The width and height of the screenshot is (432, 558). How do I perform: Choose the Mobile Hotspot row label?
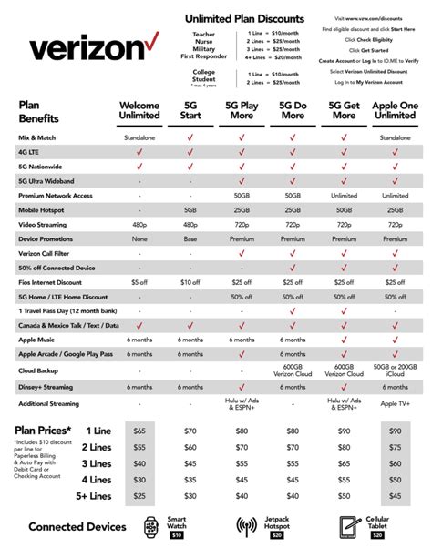45,208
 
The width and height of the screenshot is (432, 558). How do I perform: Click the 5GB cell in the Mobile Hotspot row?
190,208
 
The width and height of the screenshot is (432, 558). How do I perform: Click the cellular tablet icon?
347,527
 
